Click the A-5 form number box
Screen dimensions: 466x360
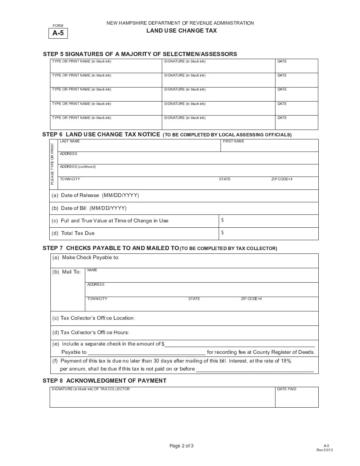pyautogui.click(x=58, y=33)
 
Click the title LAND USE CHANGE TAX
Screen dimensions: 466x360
pyautogui.click(x=182, y=31)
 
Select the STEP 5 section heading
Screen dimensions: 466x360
pyautogui.click(x=140, y=54)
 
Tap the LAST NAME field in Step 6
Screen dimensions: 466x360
pyautogui.click(x=139, y=146)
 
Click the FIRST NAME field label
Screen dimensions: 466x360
pyautogui.click(x=233, y=141)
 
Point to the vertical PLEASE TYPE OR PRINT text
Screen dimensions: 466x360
pyautogui.click(x=53, y=164)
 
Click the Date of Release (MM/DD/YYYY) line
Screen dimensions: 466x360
pyautogui.click(x=100, y=195)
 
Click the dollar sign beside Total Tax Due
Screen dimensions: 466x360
pyautogui.click(x=222, y=233)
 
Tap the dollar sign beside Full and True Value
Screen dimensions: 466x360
pyautogui.click(x=222, y=220)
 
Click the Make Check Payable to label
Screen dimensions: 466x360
pyautogui.click(x=91, y=258)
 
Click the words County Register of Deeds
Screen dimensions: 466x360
pyautogui.click(x=283, y=352)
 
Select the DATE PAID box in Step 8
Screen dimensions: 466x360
pyautogui.click(x=296, y=397)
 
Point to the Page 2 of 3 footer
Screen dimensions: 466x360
pyautogui.click(x=181, y=446)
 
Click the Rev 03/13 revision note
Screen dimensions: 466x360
pyautogui.click(x=324, y=450)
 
